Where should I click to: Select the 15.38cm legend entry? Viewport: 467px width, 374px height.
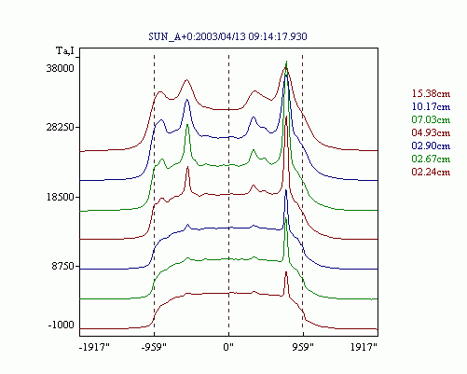click(x=431, y=93)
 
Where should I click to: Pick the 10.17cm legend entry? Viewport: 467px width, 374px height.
click(x=431, y=106)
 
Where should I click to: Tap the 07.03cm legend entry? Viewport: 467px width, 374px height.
click(x=431, y=119)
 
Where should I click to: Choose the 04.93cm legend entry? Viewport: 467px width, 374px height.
click(x=431, y=132)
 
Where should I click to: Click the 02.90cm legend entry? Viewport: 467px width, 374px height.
click(x=431, y=145)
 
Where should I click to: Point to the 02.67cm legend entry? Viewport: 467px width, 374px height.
click(x=431, y=159)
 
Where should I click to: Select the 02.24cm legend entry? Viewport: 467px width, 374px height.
click(x=431, y=172)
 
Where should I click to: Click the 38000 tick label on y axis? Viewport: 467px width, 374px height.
click(x=61, y=68)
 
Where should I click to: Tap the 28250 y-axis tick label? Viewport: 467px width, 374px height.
click(x=61, y=127)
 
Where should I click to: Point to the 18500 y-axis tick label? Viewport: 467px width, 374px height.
click(x=61, y=197)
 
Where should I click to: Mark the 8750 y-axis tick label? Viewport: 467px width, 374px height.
click(x=62, y=267)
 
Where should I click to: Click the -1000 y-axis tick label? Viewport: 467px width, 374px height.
click(x=62, y=326)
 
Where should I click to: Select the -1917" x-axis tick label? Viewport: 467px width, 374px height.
click(x=94, y=347)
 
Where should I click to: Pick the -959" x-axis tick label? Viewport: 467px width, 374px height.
click(x=154, y=347)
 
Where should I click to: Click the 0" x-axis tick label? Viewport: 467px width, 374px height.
click(x=228, y=347)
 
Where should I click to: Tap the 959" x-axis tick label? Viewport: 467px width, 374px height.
click(x=303, y=347)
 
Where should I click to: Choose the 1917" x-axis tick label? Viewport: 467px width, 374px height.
click(x=364, y=347)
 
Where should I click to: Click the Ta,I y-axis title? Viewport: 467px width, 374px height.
click(x=65, y=51)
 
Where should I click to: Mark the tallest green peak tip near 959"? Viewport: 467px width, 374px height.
click(x=286, y=62)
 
